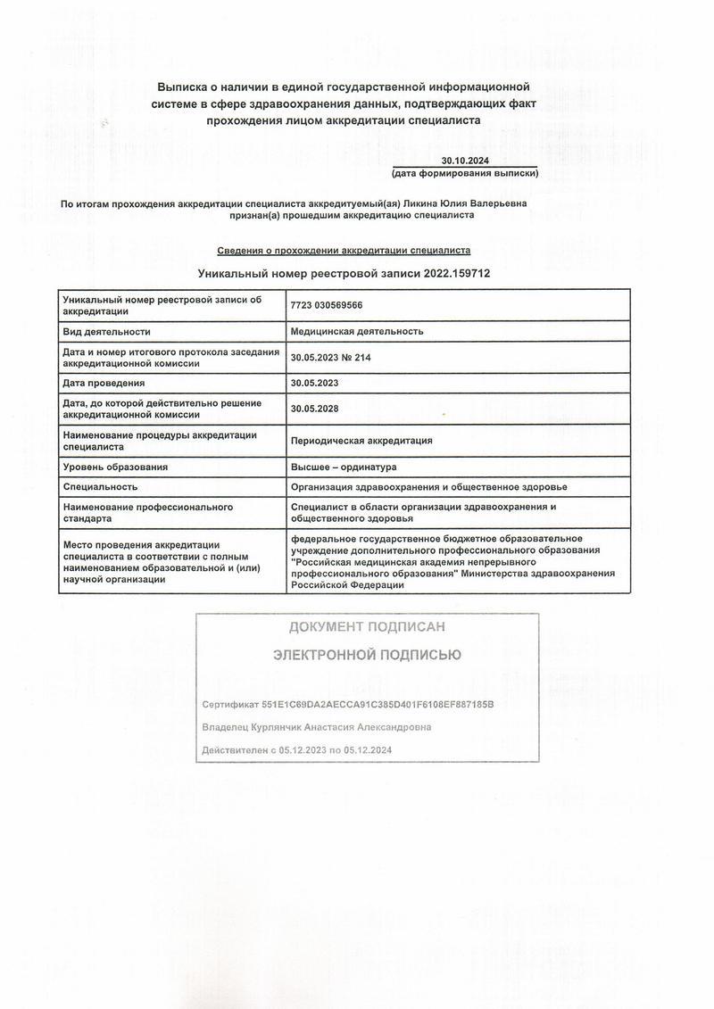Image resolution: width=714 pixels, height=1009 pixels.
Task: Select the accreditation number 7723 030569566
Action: coord(327,305)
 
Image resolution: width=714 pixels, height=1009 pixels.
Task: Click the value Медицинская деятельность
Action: coord(357,331)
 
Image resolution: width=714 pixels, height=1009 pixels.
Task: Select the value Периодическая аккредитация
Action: coord(361,440)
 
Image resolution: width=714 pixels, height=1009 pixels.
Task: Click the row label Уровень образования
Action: coord(115,467)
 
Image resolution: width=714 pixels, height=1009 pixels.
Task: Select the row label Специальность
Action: coord(99,486)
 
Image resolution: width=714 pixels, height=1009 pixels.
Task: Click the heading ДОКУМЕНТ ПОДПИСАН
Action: coord(367,627)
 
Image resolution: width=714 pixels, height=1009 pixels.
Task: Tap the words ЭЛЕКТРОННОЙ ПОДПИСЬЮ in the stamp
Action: coord(367,655)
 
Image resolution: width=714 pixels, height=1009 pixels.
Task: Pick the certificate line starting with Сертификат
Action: coord(348,704)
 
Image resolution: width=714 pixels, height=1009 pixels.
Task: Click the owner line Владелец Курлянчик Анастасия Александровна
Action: coord(317,727)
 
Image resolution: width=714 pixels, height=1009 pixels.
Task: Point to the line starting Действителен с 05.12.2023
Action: coord(297,750)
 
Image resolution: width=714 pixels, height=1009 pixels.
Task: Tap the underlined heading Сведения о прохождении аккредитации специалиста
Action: coord(344,251)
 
